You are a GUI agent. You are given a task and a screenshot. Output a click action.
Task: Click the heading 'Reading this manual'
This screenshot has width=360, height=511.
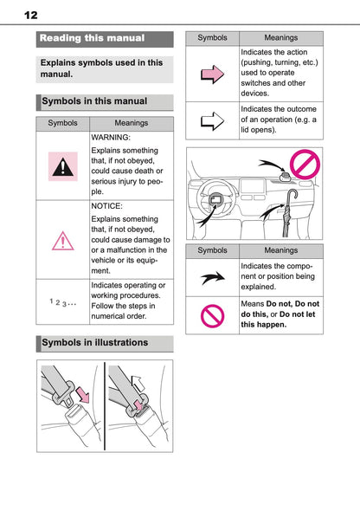(x=93, y=39)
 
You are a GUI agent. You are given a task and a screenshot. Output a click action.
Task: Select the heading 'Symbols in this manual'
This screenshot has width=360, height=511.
(x=95, y=101)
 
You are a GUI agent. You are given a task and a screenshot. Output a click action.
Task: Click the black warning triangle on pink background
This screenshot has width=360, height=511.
(x=62, y=166)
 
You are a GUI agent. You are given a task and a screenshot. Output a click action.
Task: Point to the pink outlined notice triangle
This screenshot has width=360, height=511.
(x=62, y=240)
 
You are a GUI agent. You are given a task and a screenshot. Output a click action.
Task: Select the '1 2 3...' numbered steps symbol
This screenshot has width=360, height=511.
(x=62, y=302)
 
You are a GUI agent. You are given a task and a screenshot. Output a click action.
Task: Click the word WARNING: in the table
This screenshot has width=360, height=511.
(x=111, y=138)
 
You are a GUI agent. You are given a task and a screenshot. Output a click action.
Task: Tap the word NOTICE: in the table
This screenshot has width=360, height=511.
(x=108, y=208)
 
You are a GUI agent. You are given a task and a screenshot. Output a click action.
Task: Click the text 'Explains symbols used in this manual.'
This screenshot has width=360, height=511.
(x=101, y=69)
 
